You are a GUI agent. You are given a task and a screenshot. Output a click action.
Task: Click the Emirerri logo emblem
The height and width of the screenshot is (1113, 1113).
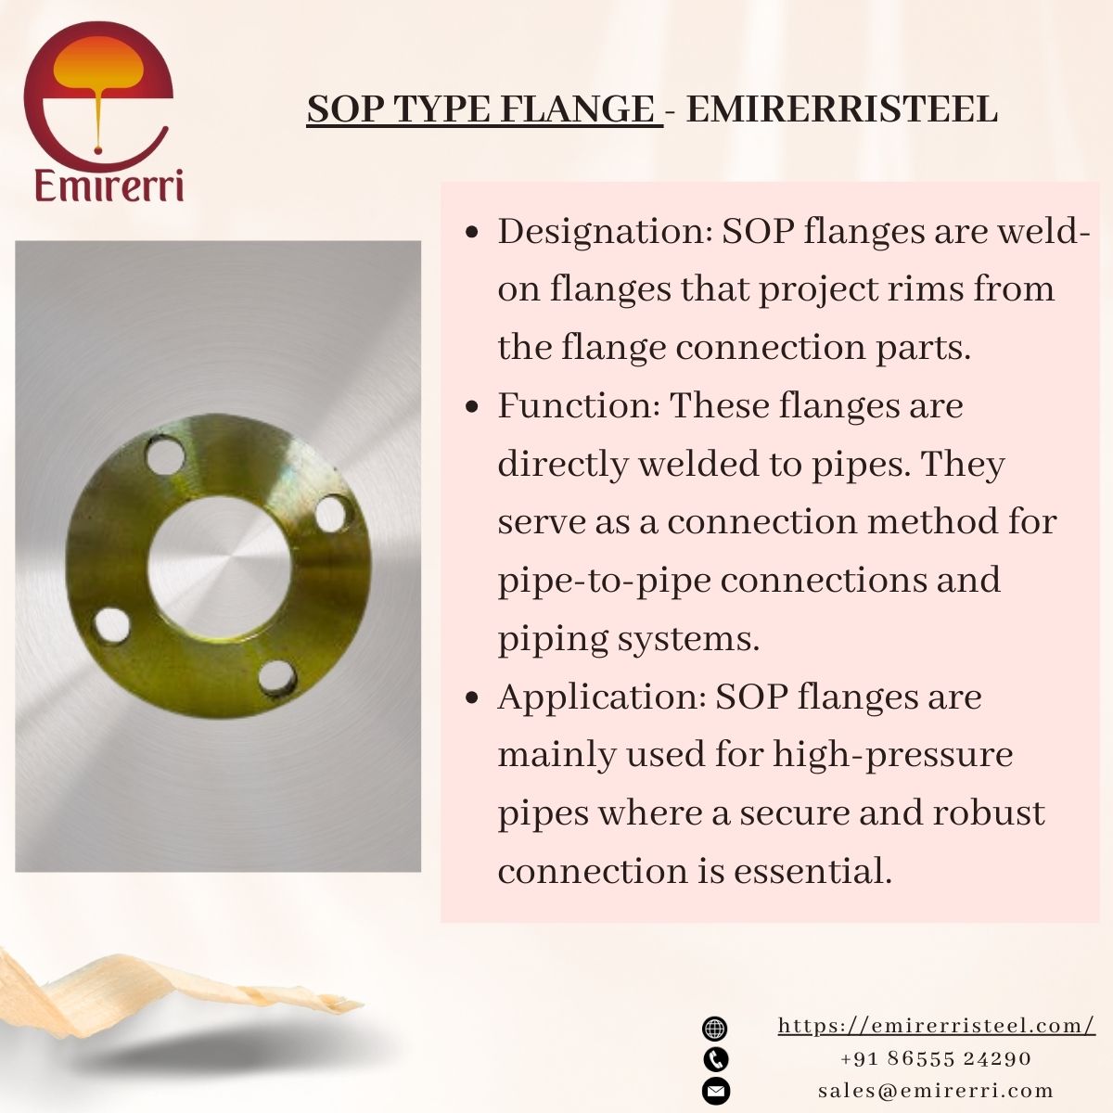point(98,93)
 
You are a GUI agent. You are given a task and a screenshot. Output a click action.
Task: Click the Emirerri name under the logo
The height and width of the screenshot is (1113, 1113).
point(109,185)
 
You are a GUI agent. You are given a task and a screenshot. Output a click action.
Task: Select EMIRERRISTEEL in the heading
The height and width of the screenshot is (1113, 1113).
point(841,109)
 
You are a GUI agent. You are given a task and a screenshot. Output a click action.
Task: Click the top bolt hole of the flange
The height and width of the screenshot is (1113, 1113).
point(165,455)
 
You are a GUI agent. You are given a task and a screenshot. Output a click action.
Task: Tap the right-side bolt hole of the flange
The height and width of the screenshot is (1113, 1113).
point(333,514)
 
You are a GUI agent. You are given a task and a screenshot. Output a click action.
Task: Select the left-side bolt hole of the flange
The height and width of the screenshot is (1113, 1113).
point(112,625)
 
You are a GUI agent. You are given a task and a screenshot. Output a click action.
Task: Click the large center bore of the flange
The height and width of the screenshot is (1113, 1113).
point(220,566)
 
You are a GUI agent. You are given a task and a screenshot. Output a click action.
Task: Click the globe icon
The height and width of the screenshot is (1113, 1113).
point(715,1028)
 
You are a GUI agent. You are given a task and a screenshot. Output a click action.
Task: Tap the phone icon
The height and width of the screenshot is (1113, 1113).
point(716,1059)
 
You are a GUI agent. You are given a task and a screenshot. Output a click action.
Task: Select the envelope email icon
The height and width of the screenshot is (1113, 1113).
point(716,1091)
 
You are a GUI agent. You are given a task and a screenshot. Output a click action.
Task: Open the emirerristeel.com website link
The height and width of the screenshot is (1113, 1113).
point(936,1026)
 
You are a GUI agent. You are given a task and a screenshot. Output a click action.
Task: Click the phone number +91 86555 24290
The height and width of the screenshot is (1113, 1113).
point(936,1058)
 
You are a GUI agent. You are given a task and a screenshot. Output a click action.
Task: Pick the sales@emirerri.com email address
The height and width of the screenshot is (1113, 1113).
point(936,1091)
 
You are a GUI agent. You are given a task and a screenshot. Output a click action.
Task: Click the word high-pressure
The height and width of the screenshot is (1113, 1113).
point(892,756)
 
